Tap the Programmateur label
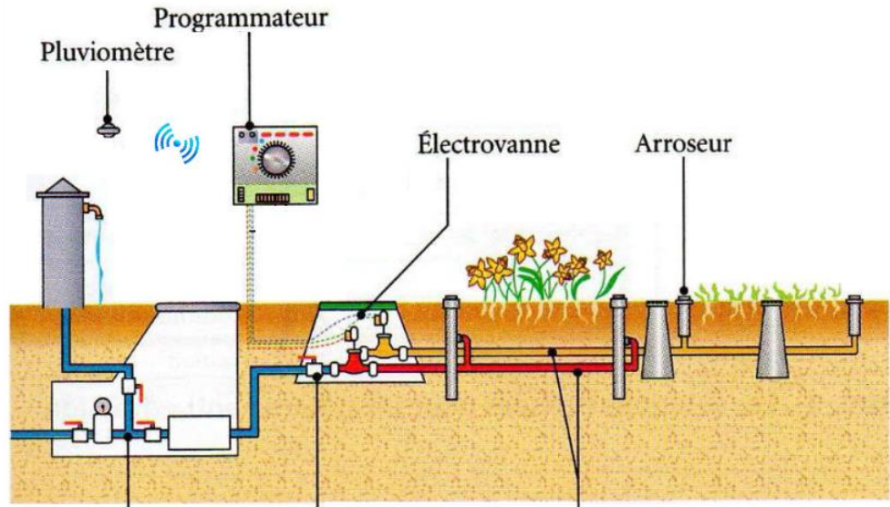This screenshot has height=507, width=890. [x=240, y=17]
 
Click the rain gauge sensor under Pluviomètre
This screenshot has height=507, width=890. [x=108, y=129]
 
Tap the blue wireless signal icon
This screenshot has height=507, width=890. [x=177, y=143]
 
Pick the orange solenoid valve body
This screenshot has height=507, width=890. [x=384, y=347]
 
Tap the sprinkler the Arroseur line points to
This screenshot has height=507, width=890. [x=684, y=315]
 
